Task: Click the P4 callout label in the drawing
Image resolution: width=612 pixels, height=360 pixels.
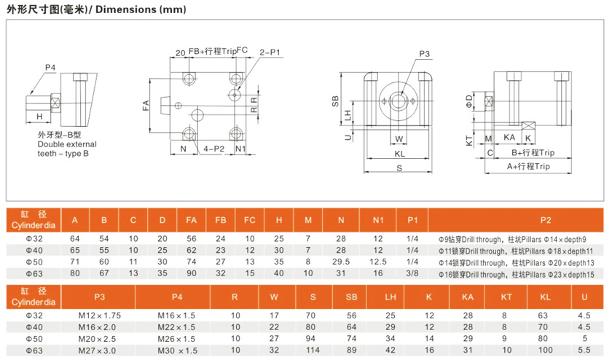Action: point(50,68)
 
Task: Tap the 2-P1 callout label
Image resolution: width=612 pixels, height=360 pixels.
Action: point(270,52)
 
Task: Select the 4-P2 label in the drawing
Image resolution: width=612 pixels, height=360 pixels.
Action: point(214,149)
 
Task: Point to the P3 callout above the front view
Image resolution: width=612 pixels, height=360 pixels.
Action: point(424,54)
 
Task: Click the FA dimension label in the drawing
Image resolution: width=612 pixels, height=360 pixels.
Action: point(146,106)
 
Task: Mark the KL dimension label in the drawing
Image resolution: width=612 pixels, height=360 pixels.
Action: point(400,154)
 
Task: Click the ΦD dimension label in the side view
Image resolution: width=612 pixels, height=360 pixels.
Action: point(468,101)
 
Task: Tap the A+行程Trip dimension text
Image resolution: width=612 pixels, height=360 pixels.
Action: point(528,166)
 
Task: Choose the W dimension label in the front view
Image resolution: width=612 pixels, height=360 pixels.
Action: point(399,139)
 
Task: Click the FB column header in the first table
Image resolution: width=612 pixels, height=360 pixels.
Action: point(221,220)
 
